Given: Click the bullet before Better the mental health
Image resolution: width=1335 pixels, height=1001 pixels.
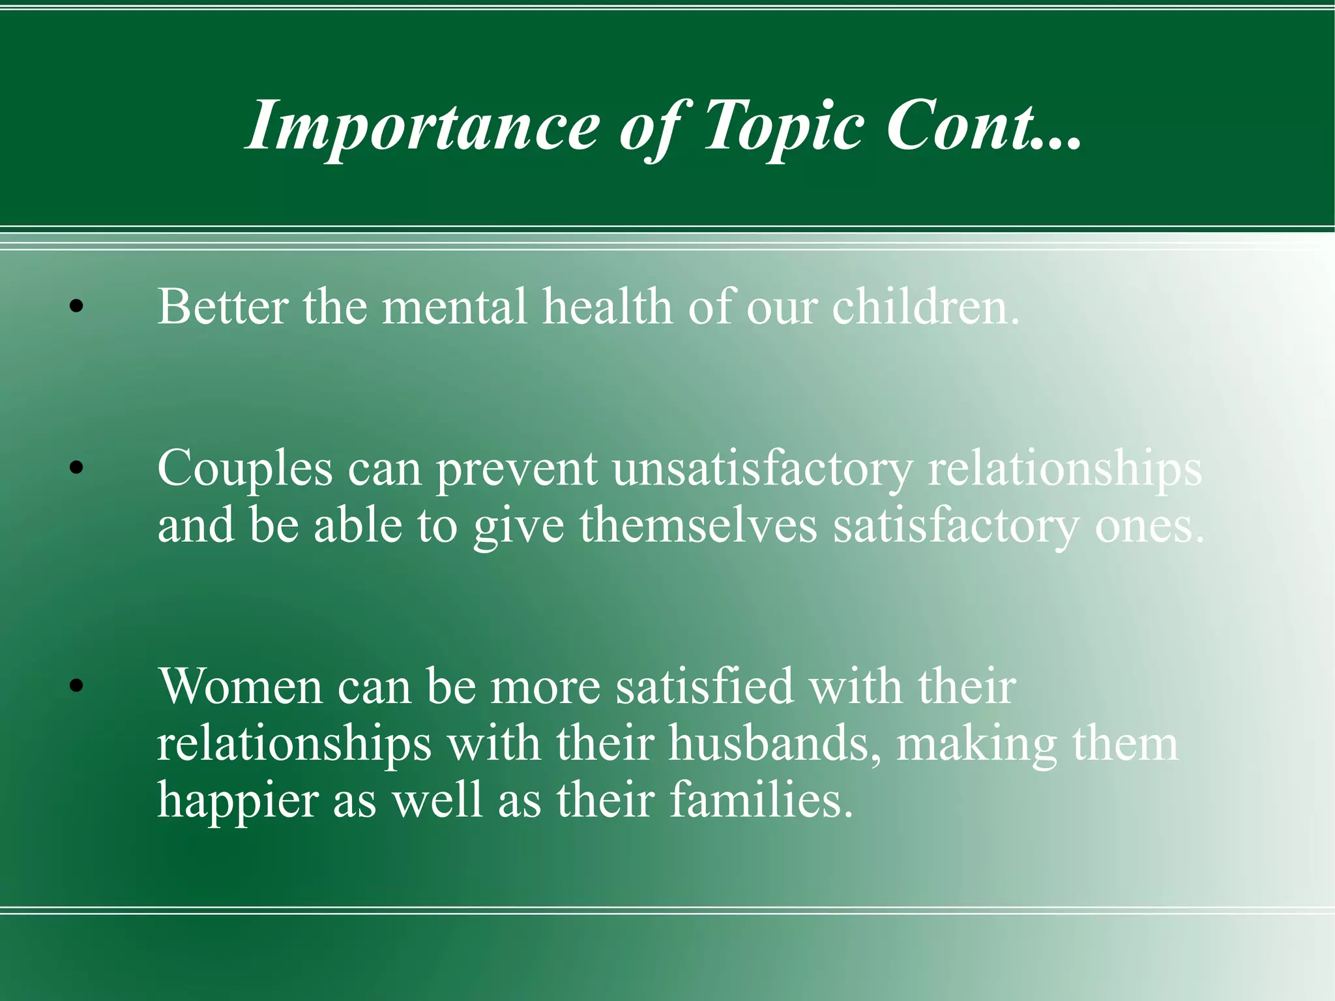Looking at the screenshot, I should (x=76, y=306).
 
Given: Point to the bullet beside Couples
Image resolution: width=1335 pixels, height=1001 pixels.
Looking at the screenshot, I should (x=76, y=467).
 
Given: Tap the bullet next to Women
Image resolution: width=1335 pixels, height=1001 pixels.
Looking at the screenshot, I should (x=76, y=685).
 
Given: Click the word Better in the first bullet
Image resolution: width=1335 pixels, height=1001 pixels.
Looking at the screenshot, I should (x=222, y=306).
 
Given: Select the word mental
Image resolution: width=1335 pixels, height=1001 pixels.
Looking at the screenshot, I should (x=454, y=306).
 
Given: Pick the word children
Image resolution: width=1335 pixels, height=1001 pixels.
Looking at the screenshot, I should (x=926, y=306).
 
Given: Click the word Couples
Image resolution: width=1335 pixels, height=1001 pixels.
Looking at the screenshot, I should (x=244, y=468).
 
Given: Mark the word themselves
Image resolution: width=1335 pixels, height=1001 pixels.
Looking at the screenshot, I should (x=698, y=525).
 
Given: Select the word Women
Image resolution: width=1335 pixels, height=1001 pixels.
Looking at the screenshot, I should (x=241, y=686).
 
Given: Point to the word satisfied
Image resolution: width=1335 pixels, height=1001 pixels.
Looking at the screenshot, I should (x=705, y=686).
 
